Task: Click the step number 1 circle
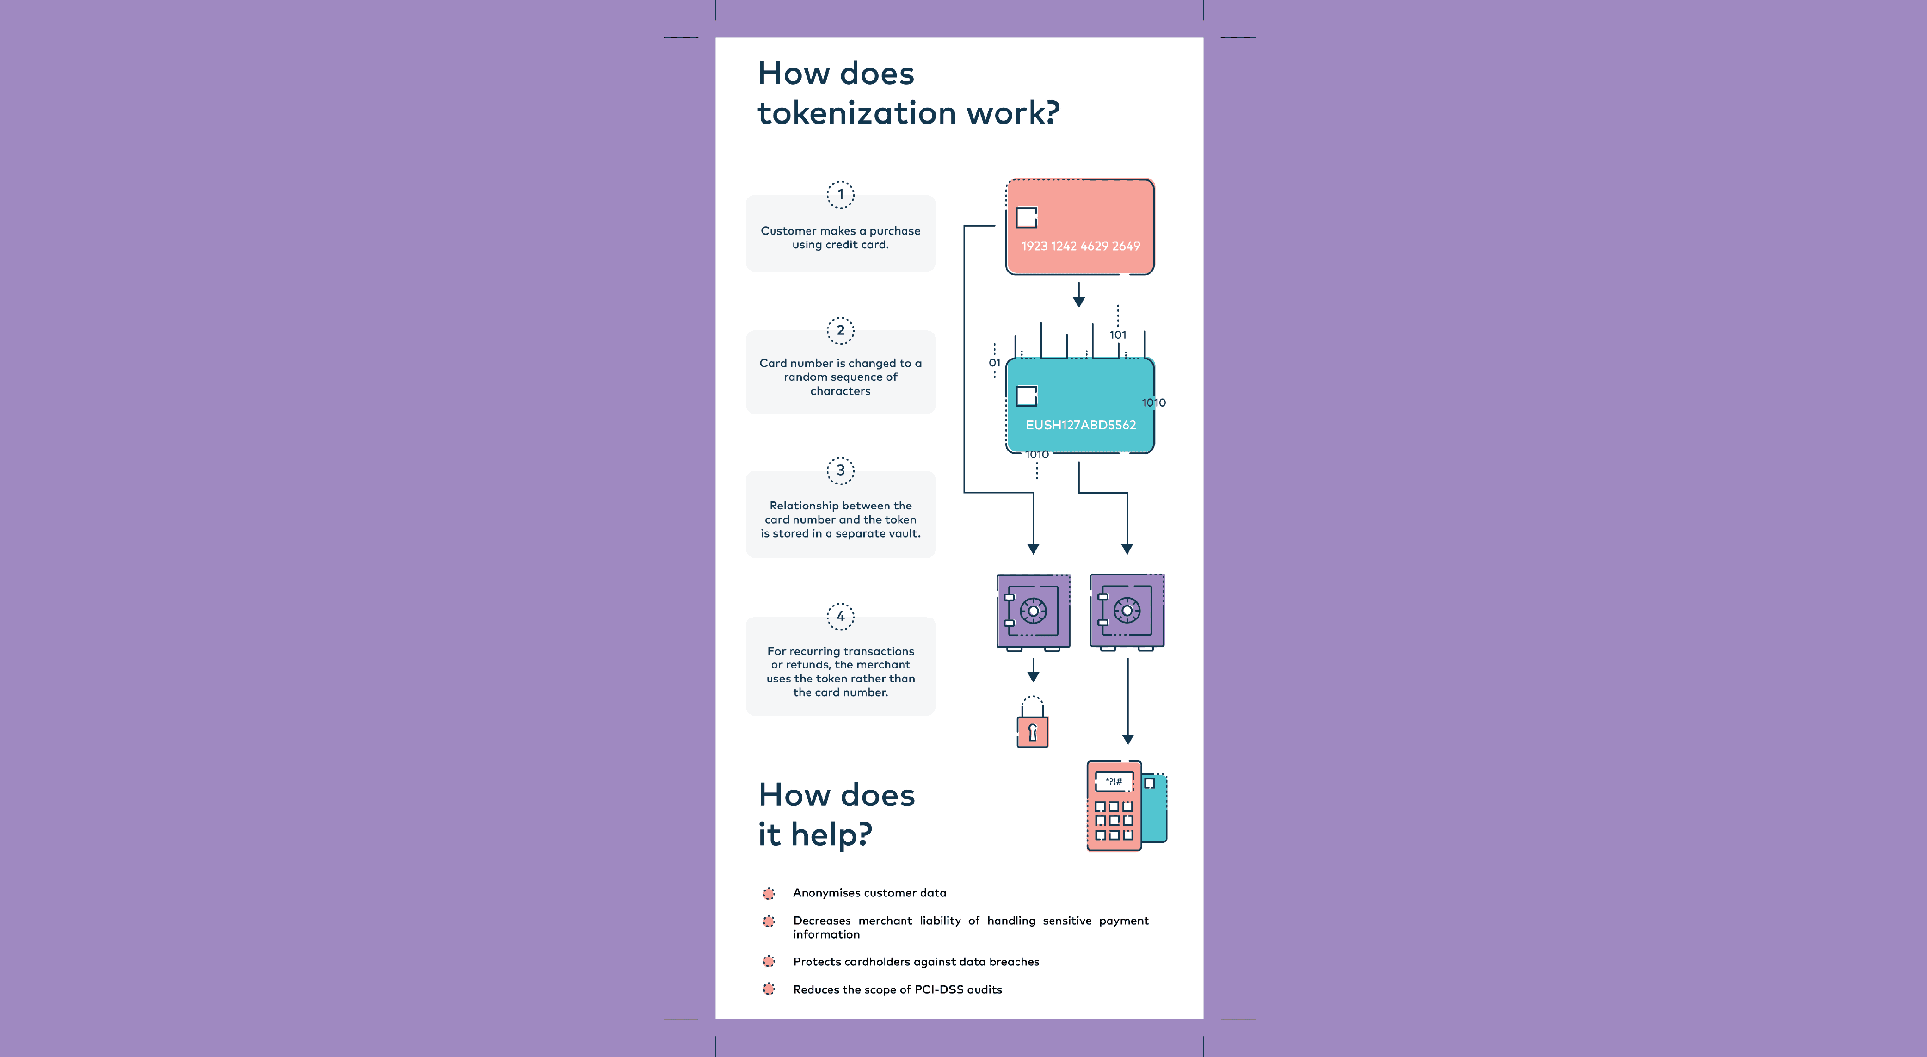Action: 840,194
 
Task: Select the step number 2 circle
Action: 840,330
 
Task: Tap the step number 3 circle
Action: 840,470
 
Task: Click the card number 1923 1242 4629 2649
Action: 1080,246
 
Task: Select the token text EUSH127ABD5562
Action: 1080,425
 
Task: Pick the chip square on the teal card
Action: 1026,396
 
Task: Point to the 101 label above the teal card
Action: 1118,335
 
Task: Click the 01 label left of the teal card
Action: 994,363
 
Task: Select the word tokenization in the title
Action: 857,113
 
